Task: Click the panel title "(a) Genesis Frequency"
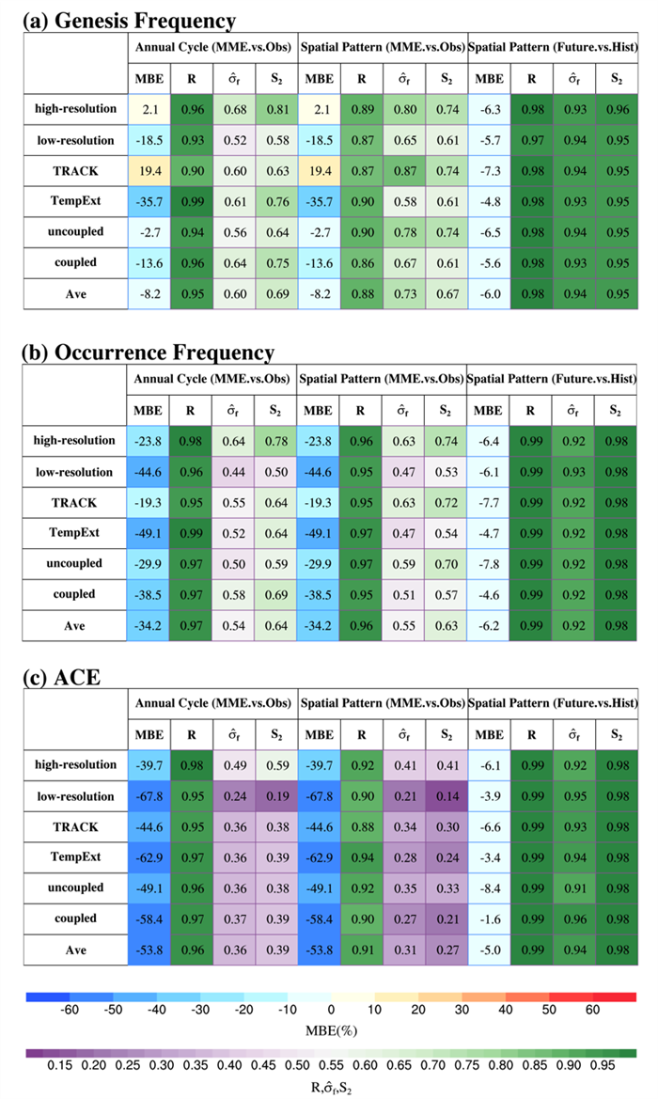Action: (129, 19)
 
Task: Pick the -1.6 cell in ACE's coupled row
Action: (488, 918)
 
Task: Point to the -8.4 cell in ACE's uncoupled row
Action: (488, 886)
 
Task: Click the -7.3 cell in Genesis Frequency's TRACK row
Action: (488, 174)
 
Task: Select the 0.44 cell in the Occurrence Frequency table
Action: (234, 473)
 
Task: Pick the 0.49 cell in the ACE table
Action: (234, 767)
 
